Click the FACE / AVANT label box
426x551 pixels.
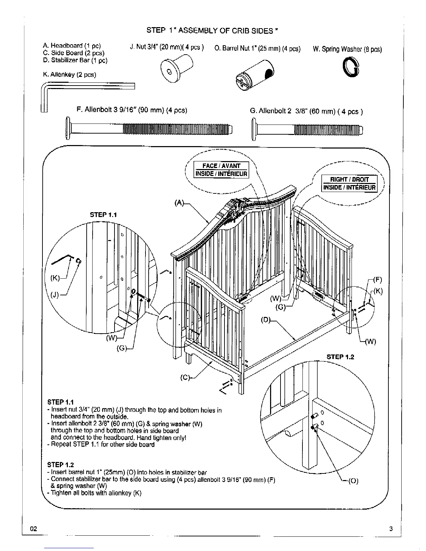pyautogui.click(x=221, y=166)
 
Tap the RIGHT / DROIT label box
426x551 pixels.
pyautogui.click(x=349, y=179)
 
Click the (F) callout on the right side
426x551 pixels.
pyautogui.click(x=377, y=279)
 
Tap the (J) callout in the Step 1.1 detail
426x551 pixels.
pyautogui.click(x=56, y=295)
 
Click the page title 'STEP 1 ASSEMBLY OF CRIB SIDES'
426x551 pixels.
pyautogui.click(x=212, y=31)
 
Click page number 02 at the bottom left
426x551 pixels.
pyautogui.click(x=33, y=529)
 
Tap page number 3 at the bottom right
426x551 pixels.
pyautogui.click(x=391, y=529)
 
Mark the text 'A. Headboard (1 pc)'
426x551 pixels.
pyautogui.click(x=72, y=46)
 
